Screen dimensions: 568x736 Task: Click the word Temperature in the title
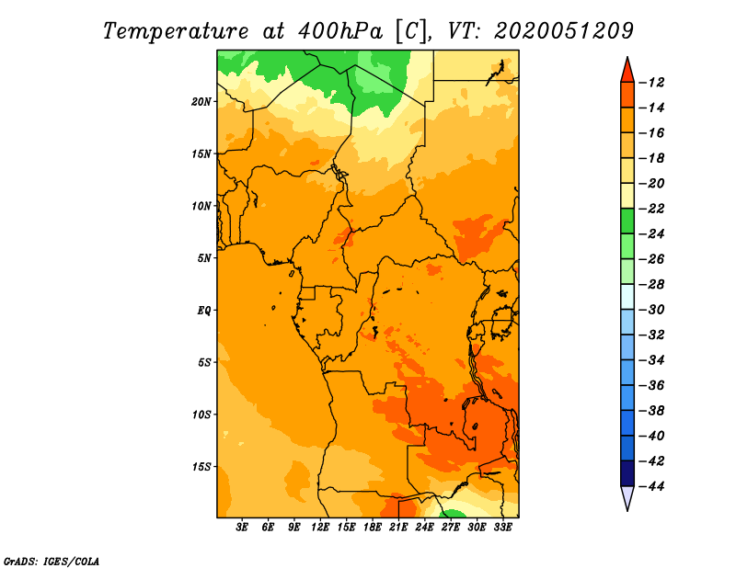[175, 30]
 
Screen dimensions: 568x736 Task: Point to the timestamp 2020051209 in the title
[564, 30]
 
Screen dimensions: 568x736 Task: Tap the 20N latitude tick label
[201, 101]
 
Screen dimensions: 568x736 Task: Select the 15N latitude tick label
[201, 153]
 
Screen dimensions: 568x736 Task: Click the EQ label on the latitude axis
[204, 311]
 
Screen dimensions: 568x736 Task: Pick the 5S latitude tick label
[204, 362]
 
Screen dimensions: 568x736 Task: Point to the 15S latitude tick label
[201, 467]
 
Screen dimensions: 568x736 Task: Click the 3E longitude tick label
[243, 528]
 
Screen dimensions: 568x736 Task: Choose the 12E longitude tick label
[320, 528]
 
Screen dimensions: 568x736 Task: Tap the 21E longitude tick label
[398, 528]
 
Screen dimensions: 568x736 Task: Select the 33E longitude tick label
[502, 528]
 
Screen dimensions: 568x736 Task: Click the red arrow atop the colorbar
[627, 69]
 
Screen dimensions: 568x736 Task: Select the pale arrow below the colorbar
[627, 497]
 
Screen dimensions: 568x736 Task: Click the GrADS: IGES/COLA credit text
[52, 560]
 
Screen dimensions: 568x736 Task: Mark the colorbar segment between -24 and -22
[627, 222]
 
